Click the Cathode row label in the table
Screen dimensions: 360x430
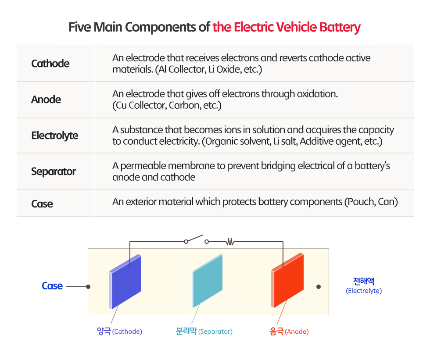coord(50,64)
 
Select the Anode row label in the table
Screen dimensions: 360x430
coord(46,100)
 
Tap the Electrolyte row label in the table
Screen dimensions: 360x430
coord(54,135)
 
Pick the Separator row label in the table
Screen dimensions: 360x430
coord(53,171)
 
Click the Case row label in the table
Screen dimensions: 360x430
coord(42,204)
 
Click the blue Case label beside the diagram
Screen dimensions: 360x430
coord(52,286)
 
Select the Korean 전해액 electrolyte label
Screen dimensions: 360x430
coord(364,281)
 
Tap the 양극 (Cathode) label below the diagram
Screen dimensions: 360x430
coord(119,331)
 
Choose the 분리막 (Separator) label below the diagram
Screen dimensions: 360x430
coord(204,331)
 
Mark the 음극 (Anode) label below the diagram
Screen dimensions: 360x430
coord(289,331)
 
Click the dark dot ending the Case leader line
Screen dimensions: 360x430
coord(88,287)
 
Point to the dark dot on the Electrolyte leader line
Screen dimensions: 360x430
coord(319,287)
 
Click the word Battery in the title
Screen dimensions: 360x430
coord(340,27)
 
